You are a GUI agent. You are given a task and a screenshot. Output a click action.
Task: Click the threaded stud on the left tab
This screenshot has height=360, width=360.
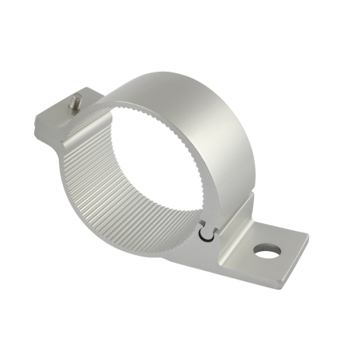[76, 103]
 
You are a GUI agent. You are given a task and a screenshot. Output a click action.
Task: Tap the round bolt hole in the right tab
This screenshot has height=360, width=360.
[268, 252]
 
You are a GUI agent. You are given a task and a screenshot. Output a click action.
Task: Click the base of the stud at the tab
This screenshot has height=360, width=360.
[77, 109]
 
